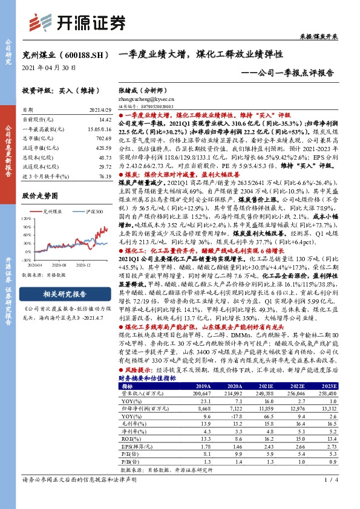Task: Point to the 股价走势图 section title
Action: pos(40,196)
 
